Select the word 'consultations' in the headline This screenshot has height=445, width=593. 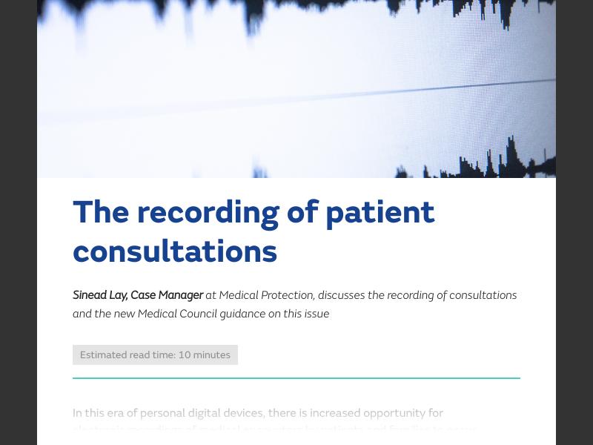point(175,251)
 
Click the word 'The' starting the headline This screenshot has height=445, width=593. point(99,213)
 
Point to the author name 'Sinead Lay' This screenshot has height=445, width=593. point(99,295)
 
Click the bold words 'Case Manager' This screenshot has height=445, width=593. point(167,295)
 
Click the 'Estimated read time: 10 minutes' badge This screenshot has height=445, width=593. point(155,355)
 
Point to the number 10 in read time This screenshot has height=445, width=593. point(185,355)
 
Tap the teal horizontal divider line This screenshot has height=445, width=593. point(296,378)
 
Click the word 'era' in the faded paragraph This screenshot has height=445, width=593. point(120,413)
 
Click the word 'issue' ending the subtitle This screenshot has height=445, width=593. point(315,314)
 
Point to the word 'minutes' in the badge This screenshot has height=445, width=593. point(212,355)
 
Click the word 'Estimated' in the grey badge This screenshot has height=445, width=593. point(103,355)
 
